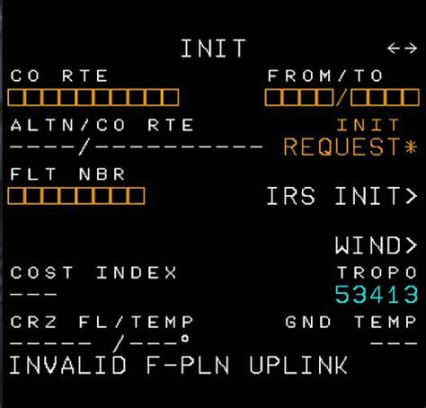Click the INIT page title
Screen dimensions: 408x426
[x=213, y=49]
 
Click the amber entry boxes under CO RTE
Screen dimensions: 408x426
[x=94, y=97]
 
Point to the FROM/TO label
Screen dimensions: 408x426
[x=325, y=76]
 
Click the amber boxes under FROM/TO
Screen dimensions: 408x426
[x=342, y=97]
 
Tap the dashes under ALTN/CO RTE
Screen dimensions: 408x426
[x=135, y=147]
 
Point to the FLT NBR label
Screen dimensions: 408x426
[x=68, y=174]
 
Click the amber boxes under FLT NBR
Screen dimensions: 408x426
[x=77, y=195]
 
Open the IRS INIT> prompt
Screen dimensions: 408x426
[x=342, y=196]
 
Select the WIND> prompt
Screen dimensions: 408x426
[x=376, y=244]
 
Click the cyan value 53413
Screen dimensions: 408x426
[x=376, y=294]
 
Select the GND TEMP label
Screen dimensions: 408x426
[x=351, y=322]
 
